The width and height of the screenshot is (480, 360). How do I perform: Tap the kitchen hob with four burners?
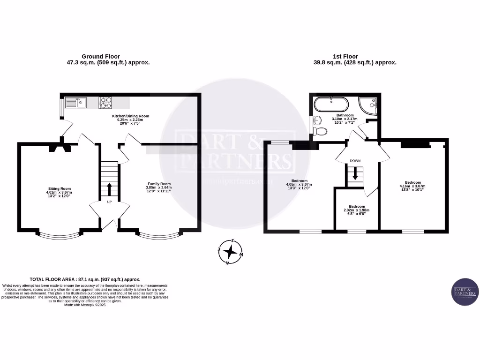pos(105,102)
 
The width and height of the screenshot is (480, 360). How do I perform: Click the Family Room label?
pos(159,184)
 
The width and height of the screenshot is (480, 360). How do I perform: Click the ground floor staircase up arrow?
pos(109,189)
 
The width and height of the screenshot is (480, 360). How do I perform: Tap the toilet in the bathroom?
pos(322,131)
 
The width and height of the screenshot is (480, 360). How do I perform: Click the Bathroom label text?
pos(345,115)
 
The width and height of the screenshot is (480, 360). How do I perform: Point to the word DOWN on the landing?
pos(355,161)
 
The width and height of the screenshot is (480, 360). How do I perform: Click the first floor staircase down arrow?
pos(355,175)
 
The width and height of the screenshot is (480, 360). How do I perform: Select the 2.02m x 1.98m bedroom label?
pos(357,206)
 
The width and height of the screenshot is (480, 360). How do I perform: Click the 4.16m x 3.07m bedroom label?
pos(413,182)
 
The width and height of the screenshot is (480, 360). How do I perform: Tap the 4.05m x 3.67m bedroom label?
pos(299,181)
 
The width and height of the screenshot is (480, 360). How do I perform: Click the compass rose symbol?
pos(231,252)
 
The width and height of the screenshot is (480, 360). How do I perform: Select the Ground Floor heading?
pos(101,56)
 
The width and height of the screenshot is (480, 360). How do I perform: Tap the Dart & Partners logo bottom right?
pos(465,292)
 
